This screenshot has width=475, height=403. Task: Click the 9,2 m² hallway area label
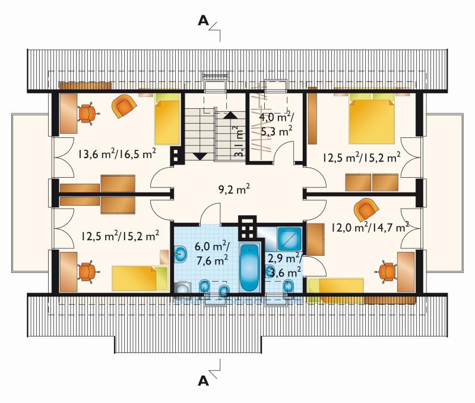point(234,190)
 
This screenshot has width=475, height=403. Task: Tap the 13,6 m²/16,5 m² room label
point(117,153)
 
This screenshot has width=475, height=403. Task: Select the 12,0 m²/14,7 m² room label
point(370,227)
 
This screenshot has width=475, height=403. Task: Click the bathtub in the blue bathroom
point(249,267)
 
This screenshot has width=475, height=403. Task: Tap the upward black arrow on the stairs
point(231,115)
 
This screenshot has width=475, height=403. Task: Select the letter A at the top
point(203,21)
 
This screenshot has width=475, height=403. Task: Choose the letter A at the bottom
point(203,380)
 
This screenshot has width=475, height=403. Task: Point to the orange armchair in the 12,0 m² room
point(366,210)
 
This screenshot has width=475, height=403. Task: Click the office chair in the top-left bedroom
point(87,114)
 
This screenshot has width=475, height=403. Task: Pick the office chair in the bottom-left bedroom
point(87,272)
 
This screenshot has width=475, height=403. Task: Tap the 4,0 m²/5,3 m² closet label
point(276,124)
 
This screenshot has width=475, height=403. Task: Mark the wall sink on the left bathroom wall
point(181,254)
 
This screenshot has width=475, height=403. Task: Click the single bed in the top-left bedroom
point(167,118)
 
